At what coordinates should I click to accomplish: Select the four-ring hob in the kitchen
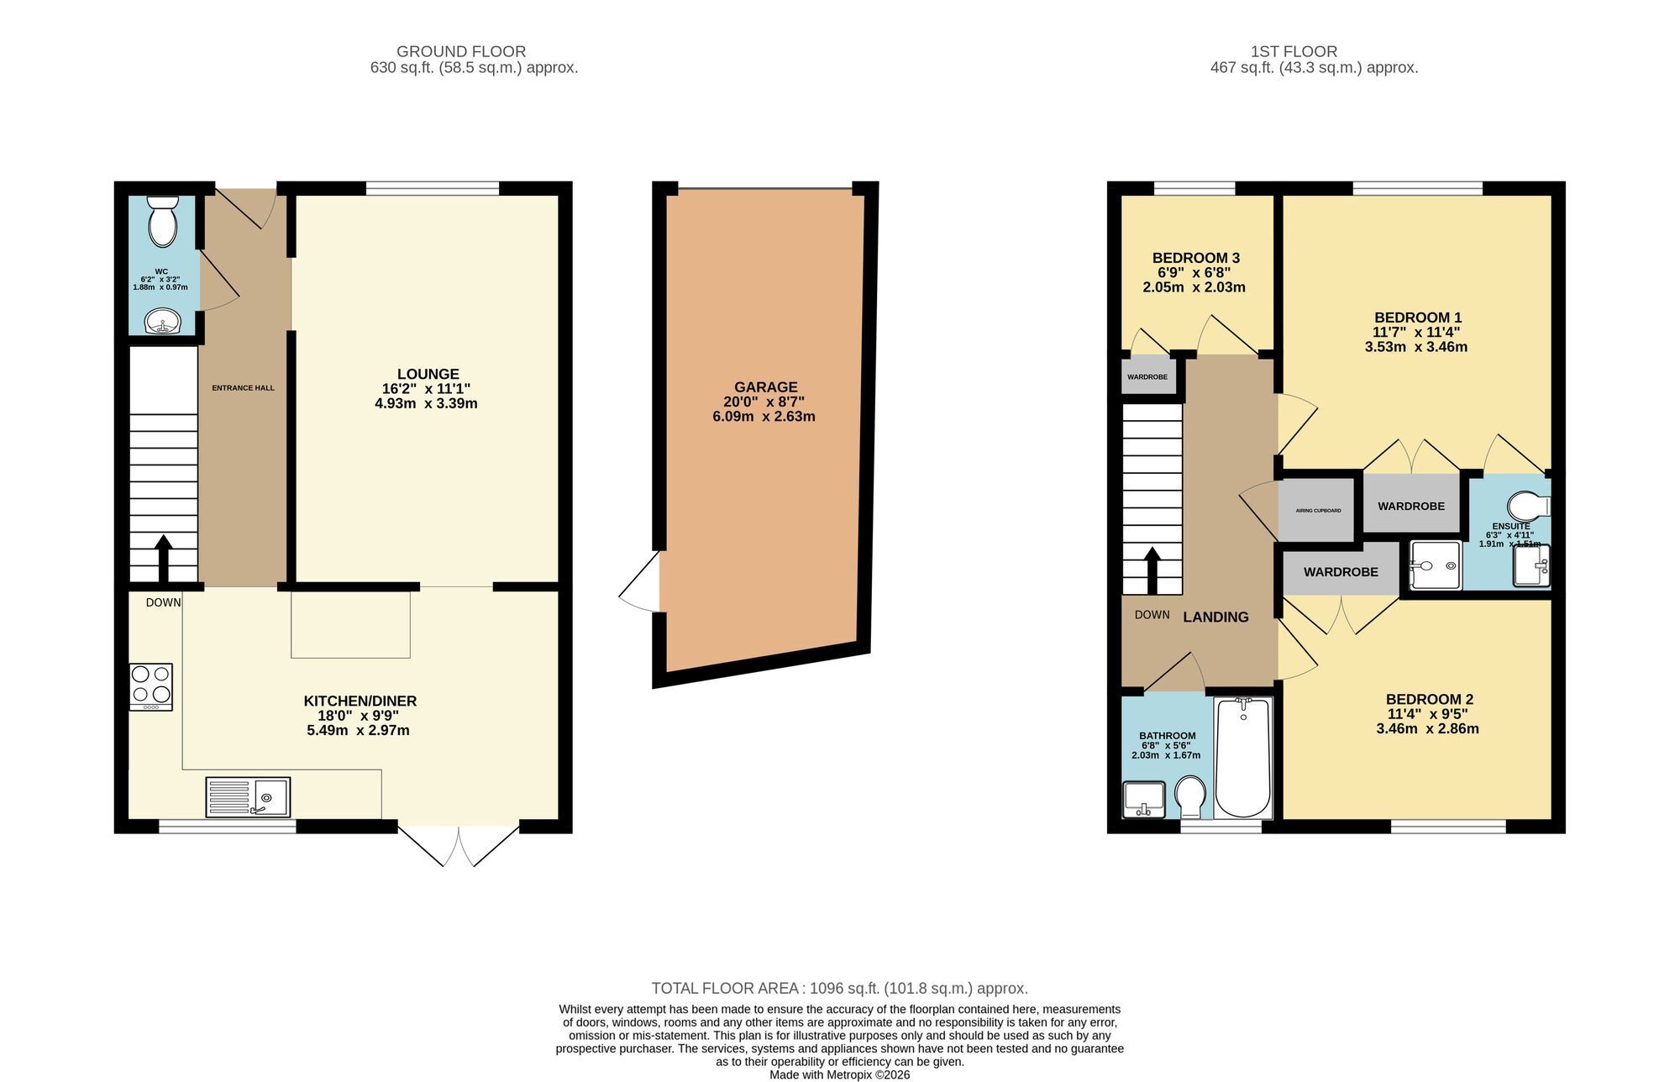(151, 686)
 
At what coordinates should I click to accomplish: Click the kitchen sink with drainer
(248, 797)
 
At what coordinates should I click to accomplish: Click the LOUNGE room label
(428, 374)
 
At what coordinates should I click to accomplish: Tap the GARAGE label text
(765, 387)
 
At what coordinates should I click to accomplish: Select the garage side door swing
(640, 581)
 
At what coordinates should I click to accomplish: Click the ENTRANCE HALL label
(243, 388)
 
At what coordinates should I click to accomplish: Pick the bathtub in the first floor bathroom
(1243, 758)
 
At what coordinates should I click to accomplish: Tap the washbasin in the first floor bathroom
(1144, 799)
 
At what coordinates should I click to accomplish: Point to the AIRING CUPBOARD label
(1318, 511)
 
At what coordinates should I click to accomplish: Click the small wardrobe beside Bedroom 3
(1147, 376)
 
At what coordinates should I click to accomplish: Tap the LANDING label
(1215, 617)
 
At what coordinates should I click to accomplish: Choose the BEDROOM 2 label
(1429, 699)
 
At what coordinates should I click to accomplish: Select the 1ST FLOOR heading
(1315, 51)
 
